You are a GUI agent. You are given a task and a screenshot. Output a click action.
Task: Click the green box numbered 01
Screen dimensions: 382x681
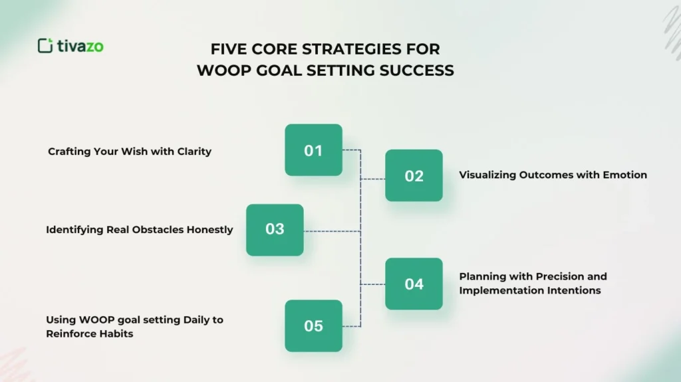pos(313,150)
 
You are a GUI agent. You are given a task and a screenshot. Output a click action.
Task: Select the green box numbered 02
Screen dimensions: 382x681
pos(414,175)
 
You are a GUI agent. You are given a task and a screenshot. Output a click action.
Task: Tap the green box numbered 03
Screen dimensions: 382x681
pos(275,229)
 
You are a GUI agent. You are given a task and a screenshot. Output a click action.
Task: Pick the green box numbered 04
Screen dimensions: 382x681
pos(414,284)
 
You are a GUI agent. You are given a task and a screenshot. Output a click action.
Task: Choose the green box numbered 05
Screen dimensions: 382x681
pos(313,326)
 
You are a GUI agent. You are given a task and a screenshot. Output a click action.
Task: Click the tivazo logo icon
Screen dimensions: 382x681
pos(45,46)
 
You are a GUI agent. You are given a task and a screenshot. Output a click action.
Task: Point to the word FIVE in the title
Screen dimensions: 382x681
pos(229,49)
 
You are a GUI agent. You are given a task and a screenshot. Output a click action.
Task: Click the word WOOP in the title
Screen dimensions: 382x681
pos(221,70)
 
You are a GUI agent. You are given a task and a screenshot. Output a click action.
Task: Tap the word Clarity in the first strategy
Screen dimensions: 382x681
pos(194,151)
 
